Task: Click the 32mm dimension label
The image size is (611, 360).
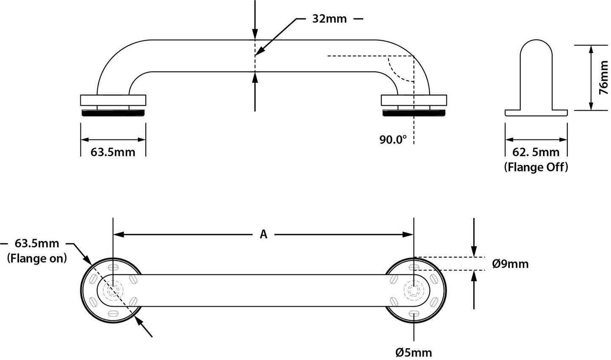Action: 329,19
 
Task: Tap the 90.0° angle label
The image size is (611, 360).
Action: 392,139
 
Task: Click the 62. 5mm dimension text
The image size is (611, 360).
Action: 536,152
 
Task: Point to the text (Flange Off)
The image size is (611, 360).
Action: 536,167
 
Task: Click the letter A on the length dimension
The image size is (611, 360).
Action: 263,234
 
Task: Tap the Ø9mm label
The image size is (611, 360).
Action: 510,264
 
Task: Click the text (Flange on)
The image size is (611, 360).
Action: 37,258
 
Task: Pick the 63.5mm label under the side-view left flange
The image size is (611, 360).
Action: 113,152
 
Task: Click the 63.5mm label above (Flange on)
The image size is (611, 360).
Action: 37,243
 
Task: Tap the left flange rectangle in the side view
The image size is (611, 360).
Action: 113,100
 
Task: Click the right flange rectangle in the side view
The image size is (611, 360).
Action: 414,100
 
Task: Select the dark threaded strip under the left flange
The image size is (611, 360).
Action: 113,113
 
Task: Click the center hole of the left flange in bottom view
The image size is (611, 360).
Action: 113,290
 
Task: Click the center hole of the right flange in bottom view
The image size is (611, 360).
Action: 413,290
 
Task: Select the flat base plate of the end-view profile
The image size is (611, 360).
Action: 536,113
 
